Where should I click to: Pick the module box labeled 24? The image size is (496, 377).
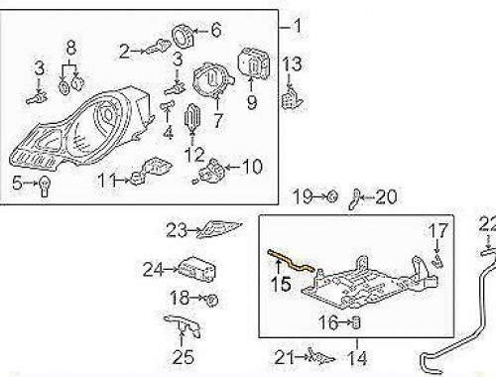click(x=192, y=267)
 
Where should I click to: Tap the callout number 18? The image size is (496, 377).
click(x=178, y=297)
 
